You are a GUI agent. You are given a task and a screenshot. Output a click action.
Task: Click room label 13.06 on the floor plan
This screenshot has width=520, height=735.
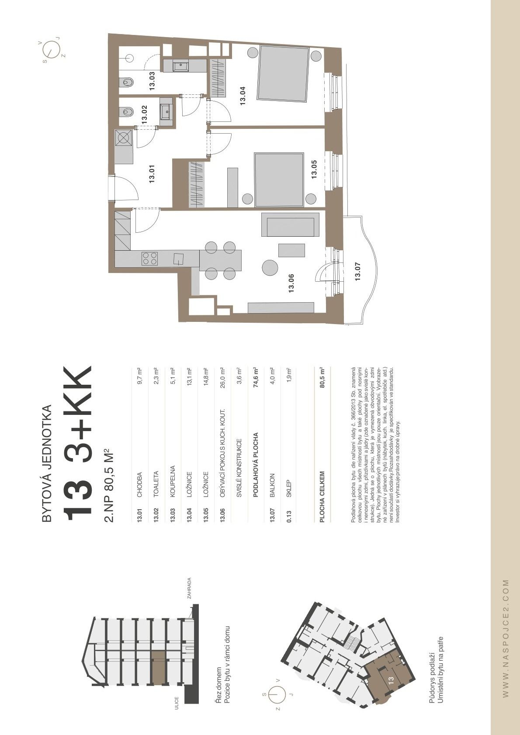291,283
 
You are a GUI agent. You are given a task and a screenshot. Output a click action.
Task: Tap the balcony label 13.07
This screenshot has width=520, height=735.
357,271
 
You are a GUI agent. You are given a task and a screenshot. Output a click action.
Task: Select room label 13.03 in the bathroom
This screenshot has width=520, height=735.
152,81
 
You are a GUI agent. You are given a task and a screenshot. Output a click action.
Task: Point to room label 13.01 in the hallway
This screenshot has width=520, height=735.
152,174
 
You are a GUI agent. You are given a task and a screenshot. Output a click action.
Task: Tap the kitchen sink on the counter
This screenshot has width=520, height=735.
179,259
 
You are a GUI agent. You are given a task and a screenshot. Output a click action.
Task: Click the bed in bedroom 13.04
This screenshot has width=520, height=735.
284,73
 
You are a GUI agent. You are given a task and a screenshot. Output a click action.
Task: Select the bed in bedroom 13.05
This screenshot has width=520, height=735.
279,180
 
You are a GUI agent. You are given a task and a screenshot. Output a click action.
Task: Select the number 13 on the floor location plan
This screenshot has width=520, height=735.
391,678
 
